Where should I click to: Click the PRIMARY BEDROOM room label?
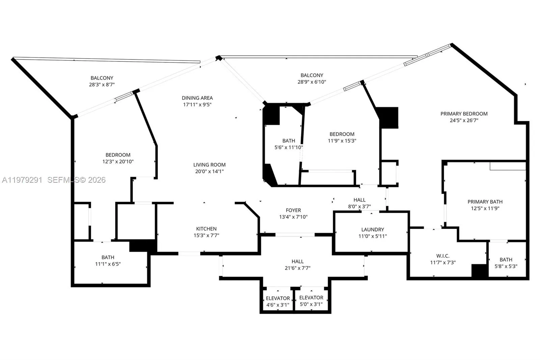(464, 114)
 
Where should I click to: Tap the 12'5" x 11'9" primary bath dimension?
(485, 208)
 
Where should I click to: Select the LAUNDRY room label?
(373, 229)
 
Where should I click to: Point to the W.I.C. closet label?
(442, 256)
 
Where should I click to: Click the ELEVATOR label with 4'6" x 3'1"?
(278, 298)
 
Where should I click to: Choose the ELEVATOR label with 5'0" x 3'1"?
(311, 298)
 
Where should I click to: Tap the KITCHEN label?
(206, 229)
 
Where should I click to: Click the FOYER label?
(293, 210)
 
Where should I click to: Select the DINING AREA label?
(197, 98)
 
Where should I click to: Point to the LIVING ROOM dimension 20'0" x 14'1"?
(209, 171)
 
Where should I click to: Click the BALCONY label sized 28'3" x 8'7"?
(102, 78)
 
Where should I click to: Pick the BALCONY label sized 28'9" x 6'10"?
(312, 75)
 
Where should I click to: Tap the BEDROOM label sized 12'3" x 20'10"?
(118, 155)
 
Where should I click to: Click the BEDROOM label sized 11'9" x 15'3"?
(342, 134)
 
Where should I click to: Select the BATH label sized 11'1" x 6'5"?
(108, 257)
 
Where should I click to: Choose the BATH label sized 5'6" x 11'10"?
(289, 141)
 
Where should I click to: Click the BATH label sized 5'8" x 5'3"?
(506, 260)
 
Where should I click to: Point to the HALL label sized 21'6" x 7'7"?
(297, 261)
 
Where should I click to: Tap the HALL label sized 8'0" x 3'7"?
(359, 200)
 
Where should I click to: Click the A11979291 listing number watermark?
(22, 180)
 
